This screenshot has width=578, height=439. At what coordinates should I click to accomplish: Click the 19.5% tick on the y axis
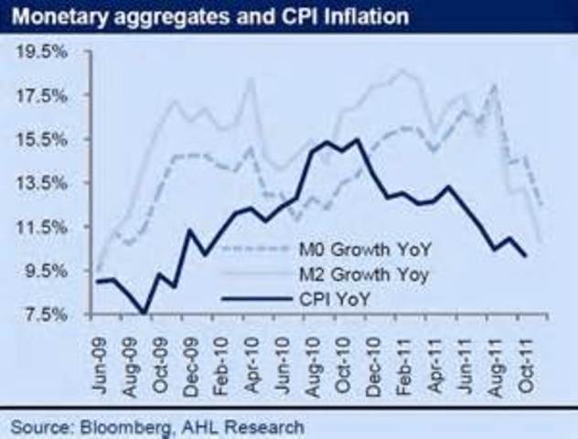44,52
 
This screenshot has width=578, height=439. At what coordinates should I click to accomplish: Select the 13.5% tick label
44,183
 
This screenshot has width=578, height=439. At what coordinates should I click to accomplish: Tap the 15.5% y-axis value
44,139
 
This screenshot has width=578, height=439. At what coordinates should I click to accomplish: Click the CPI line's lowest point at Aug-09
144,314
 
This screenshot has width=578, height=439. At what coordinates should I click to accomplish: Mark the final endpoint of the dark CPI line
525,256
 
